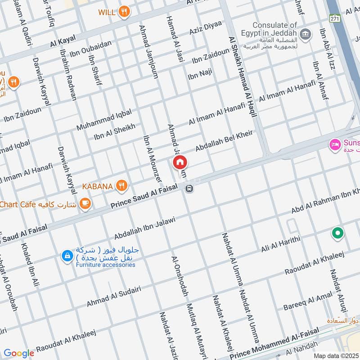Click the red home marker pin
tap(180, 162)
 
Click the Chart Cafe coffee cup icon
tap(85, 204)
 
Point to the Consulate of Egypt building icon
tap(306, 33)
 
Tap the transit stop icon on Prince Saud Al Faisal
tap(190, 189)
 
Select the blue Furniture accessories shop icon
tap(67, 256)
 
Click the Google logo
tap(19, 354)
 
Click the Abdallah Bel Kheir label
tap(224, 141)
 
